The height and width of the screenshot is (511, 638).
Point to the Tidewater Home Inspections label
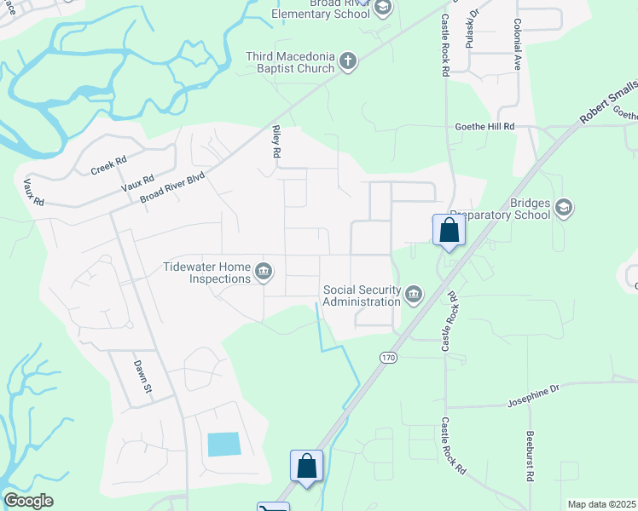coord(207,273)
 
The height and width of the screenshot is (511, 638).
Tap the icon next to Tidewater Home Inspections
coord(264,272)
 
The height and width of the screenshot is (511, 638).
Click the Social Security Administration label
coord(362,296)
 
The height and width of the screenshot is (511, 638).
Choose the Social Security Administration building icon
coord(414,295)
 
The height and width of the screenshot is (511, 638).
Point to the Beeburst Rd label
coord(530,462)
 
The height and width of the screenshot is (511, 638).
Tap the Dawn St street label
coord(142,376)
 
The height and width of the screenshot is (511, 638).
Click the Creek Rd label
coord(108,165)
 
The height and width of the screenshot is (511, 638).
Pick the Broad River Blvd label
coord(173,188)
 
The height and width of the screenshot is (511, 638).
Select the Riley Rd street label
coord(275,141)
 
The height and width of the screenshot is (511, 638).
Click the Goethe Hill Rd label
coord(484,126)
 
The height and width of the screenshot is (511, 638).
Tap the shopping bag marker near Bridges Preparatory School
coord(449,230)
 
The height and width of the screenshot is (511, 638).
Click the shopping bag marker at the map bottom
coord(307,467)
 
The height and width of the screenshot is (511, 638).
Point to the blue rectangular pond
coord(223,444)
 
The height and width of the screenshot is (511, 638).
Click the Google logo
coord(28,501)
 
